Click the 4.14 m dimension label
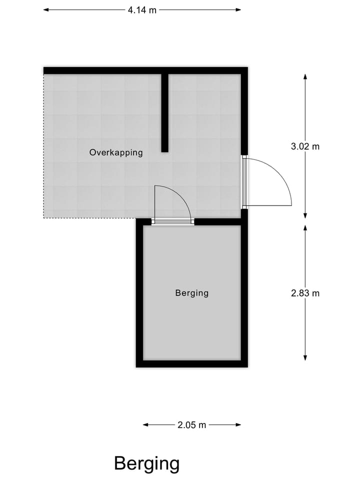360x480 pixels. (142, 9)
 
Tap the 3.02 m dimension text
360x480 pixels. (305, 146)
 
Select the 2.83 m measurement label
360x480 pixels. (305, 293)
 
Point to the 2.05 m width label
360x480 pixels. (192, 425)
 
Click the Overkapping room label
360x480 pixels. (116, 152)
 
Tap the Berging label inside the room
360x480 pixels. (191, 293)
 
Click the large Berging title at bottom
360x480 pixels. (146, 463)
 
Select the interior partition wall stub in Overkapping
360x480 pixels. (164, 112)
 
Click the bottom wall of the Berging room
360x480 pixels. (191, 363)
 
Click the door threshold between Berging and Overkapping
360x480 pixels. (172, 222)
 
